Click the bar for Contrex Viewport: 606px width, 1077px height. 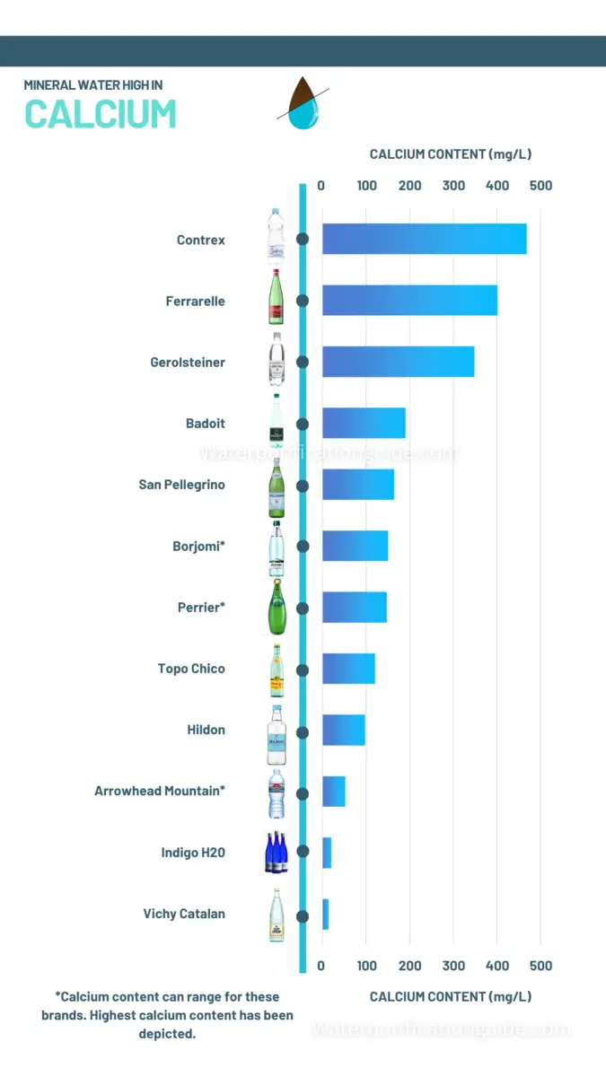pyautogui.click(x=424, y=240)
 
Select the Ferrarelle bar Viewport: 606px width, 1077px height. pyautogui.click(x=409, y=301)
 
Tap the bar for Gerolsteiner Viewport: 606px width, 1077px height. pyautogui.click(x=398, y=362)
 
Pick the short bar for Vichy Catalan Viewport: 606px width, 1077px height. pyautogui.click(x=326, y=914)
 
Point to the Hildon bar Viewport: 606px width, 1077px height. pyautogui.click(x=344, y=730)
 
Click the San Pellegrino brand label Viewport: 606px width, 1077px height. pyautogui.click(x=181, y=485)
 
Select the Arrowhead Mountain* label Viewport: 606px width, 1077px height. pyautogui.click(x=160, y=791)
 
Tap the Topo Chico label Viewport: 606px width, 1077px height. pyautogui.click(x=191, y=669)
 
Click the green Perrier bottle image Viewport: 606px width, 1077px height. pyautogui.click(x=277, y=608)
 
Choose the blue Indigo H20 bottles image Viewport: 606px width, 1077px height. pyautogui.click(x=277, y=853)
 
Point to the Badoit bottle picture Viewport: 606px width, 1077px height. pyautogui.click(x=277, y=422)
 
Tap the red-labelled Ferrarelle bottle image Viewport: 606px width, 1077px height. pyautogui.click(x=277, y=298)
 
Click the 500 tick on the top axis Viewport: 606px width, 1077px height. pyautogui.click(x=540, y=186)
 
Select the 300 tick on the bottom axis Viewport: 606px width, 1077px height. pyautogui.click(x=453, y=966)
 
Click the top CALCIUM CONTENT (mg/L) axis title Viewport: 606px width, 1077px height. pyautogui.click(x=451, y=154)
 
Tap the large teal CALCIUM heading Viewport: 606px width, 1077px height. pyautogui.click(x=100, y=115)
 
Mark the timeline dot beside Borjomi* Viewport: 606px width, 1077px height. pyautogui.click(x=303, y=546)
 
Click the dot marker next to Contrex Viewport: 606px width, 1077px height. pyautogui.click(x=303, y=240)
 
